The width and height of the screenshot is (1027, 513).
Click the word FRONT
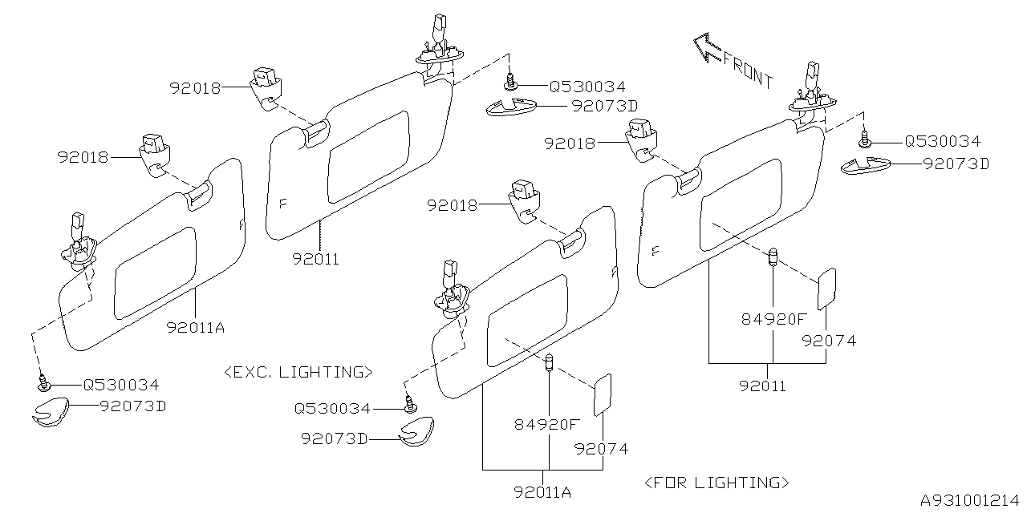point(748,69)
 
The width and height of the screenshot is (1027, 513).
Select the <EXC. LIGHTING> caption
point(298,372)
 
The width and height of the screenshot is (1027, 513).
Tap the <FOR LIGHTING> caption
point(716,483)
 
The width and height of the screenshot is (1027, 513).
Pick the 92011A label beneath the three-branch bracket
point(543,492)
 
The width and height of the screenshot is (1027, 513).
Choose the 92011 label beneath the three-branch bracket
point(763,386)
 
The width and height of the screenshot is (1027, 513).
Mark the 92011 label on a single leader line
point(315,259)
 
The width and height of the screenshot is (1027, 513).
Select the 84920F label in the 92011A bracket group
point(546,425)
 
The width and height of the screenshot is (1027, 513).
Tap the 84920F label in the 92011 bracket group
point(773,319)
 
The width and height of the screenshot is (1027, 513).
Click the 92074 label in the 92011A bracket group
point(601,449)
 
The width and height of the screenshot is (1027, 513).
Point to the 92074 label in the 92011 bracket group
point(829,341)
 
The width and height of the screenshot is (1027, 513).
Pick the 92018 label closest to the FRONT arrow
point(570,143)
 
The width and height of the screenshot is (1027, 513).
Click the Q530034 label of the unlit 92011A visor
point(121,385)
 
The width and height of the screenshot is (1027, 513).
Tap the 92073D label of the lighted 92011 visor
point(956,164)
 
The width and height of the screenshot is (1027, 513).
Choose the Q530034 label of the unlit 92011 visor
point(587,87)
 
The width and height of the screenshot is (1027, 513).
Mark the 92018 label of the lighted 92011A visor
point(453,205)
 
